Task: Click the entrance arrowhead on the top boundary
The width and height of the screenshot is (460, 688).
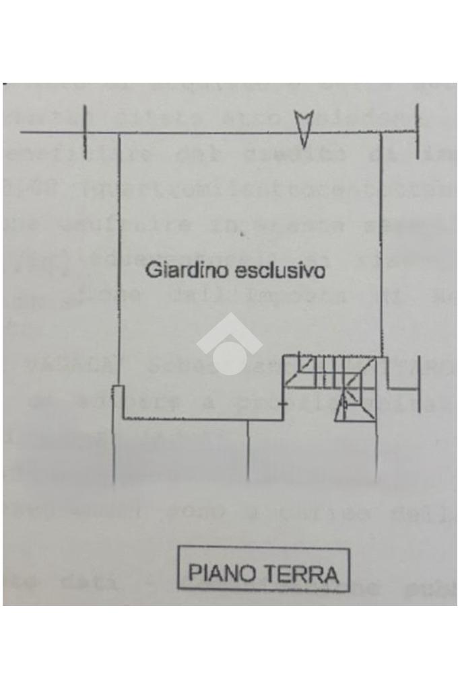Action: point(304,127)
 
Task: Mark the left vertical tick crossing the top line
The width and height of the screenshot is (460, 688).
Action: point(85,132)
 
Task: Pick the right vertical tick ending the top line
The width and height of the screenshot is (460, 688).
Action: point(418,132)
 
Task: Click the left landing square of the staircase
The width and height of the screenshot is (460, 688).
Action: point(297,371)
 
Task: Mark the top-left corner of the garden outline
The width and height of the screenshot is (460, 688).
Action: point(120,133)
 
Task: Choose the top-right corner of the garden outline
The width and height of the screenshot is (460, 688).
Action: point(381,133)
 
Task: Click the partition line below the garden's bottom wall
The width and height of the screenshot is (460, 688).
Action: point(249,451)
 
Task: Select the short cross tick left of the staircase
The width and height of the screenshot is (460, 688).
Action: point(282,404)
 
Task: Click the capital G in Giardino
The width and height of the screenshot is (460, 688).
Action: point(152,271)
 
